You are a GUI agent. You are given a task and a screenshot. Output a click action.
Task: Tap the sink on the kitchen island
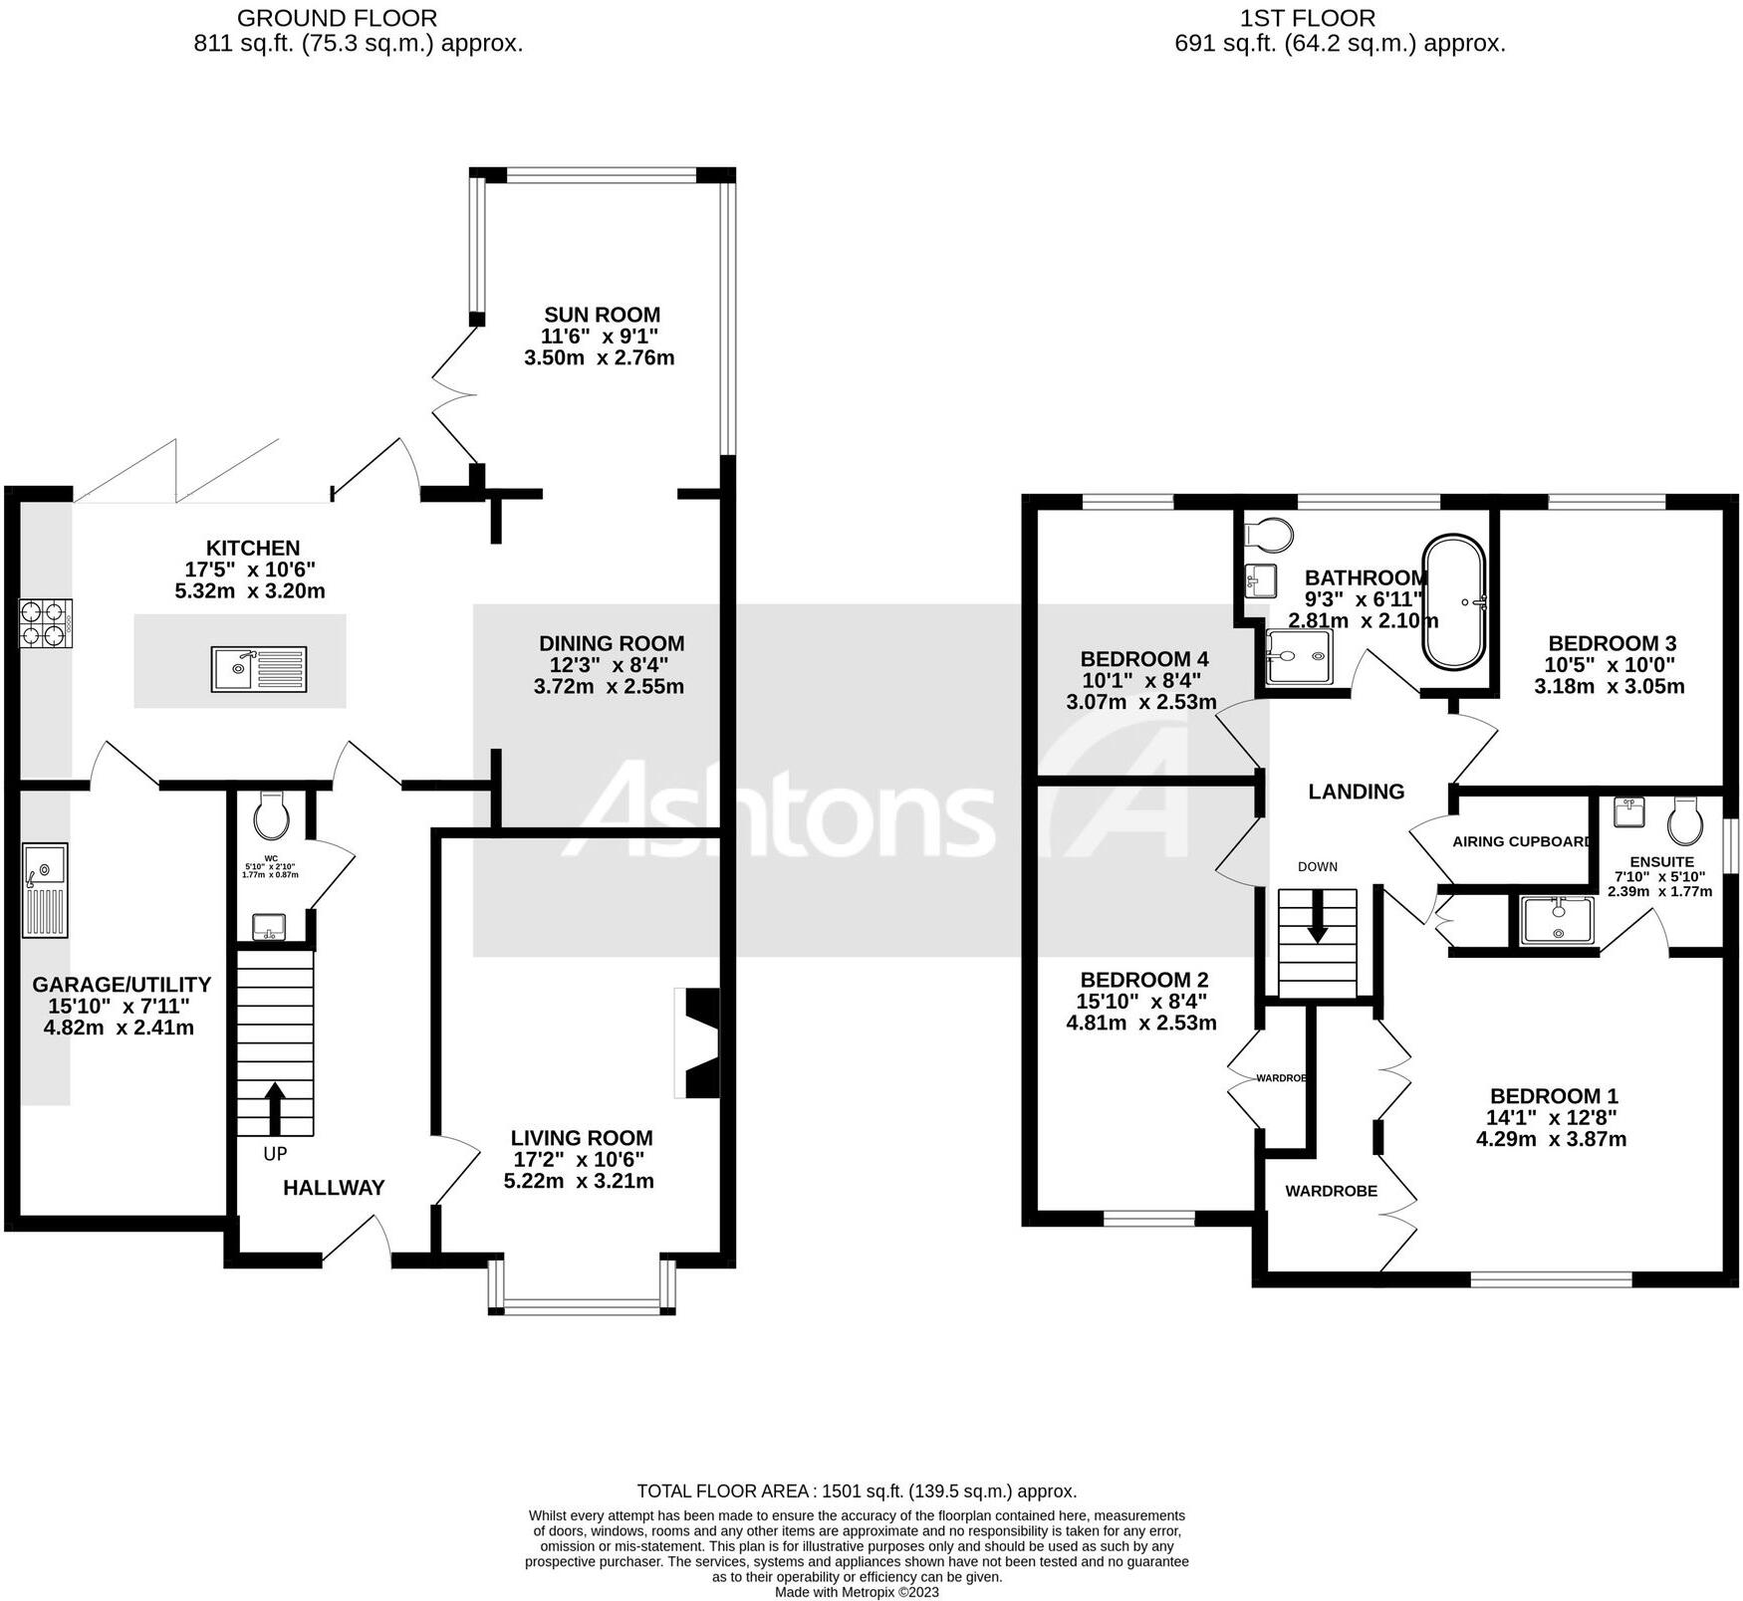point(259,669)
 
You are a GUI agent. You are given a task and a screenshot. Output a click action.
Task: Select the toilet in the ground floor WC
point(271,815)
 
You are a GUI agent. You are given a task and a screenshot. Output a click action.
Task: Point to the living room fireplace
point(699,1042)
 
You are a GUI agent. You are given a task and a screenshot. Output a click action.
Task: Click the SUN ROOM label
point(602,315)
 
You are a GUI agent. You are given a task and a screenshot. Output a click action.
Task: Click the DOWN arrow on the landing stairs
point(1318,916)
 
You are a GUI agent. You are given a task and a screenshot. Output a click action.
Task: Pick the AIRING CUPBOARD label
point(1522,841)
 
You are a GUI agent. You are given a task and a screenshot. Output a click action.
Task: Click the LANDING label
point(1356,792)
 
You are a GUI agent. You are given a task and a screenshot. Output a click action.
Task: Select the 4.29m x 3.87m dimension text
point(1551,1139)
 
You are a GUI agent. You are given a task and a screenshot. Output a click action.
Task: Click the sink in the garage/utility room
point(45,889)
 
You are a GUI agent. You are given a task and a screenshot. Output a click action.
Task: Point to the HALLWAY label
point(334,1187)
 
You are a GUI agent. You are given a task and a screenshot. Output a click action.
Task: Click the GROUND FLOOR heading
point(337,18)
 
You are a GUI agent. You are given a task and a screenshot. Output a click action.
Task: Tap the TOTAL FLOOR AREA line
point(857,1490)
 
